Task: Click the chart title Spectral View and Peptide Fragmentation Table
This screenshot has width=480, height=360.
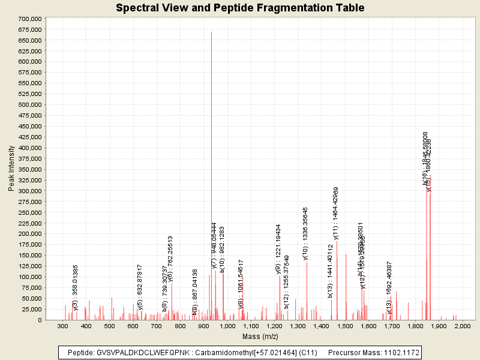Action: [240, 8]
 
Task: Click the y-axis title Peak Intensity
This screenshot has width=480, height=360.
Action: [11, 169]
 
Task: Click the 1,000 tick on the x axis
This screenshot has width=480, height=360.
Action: [227, 326]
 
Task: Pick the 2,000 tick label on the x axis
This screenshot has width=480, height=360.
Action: [463, 326]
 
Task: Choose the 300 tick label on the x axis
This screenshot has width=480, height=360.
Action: [62, 326]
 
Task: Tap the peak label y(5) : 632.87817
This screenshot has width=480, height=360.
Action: [140, 287]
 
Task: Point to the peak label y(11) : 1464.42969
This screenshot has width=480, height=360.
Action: [337, 214]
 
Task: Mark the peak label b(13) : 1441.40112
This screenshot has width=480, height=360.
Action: [331, 271]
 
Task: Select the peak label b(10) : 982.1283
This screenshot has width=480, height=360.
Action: [223, 249]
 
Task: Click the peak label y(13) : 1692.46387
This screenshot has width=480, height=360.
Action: [389, 287]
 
